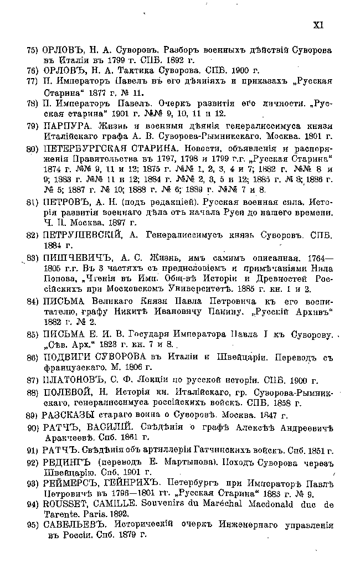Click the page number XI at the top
(318, 24)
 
